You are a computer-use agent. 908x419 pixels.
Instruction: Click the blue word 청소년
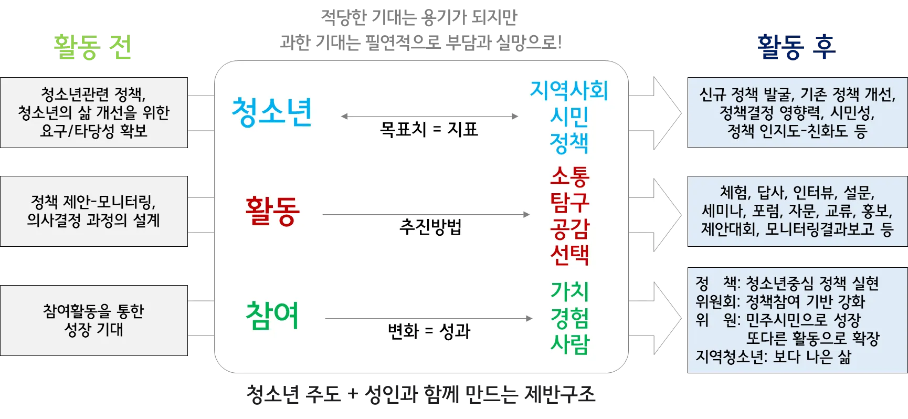click(x=272, y=112)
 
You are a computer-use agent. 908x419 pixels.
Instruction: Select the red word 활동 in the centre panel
click(x=272, y=211)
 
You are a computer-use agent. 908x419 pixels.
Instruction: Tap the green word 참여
click(x=272, y=315)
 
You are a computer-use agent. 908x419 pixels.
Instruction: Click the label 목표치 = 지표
click(x=429, y=129)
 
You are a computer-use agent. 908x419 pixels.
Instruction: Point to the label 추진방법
click(x=430, y=227)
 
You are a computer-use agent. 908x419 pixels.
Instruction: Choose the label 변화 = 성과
click(x=429, y=331)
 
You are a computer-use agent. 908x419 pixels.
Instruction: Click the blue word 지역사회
click(x=569, y=90)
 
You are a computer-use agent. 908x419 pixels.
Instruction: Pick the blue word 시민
click(x=569, y=117)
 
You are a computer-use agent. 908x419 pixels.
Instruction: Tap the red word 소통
click(x=569, y=176)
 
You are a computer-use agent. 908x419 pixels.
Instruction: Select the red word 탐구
click(x=569, y=202)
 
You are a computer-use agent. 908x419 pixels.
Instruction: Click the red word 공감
click(x=569, y=228)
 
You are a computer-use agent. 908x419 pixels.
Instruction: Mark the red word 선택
click(x=569, y=255)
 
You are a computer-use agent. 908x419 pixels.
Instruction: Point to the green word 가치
click(x=569, y=291)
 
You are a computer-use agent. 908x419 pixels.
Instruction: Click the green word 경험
click(x=569, y=318)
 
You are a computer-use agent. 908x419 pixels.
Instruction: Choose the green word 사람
click(x=569, y=344)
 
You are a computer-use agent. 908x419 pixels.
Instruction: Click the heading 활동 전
click(x=92, y=48)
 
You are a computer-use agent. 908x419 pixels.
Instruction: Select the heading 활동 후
click(x=795, y=48)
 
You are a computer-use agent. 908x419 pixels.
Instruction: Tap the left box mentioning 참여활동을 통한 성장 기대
click(x=94, y=320)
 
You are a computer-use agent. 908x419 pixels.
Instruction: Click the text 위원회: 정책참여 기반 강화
click(x=780, y=301)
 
